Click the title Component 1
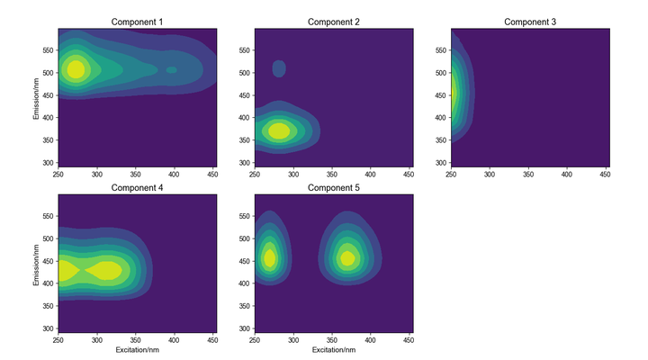tap(137, 22)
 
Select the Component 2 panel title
tap(333, 22)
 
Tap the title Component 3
tap(529, 22)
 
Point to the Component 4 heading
tap(137, 187)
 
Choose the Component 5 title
tap(333, 187)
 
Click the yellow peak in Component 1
tap(76, 68)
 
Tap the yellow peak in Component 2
tap(279, 130)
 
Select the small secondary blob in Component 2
tap(279, 67)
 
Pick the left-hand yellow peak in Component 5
tap(269, 258)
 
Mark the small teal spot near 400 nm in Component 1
tap(172, 69)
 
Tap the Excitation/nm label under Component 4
tap(137, 349)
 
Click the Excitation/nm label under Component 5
tap(333, 349)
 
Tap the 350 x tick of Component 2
tap(332, 174)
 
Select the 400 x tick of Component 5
tap(371, 339)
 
